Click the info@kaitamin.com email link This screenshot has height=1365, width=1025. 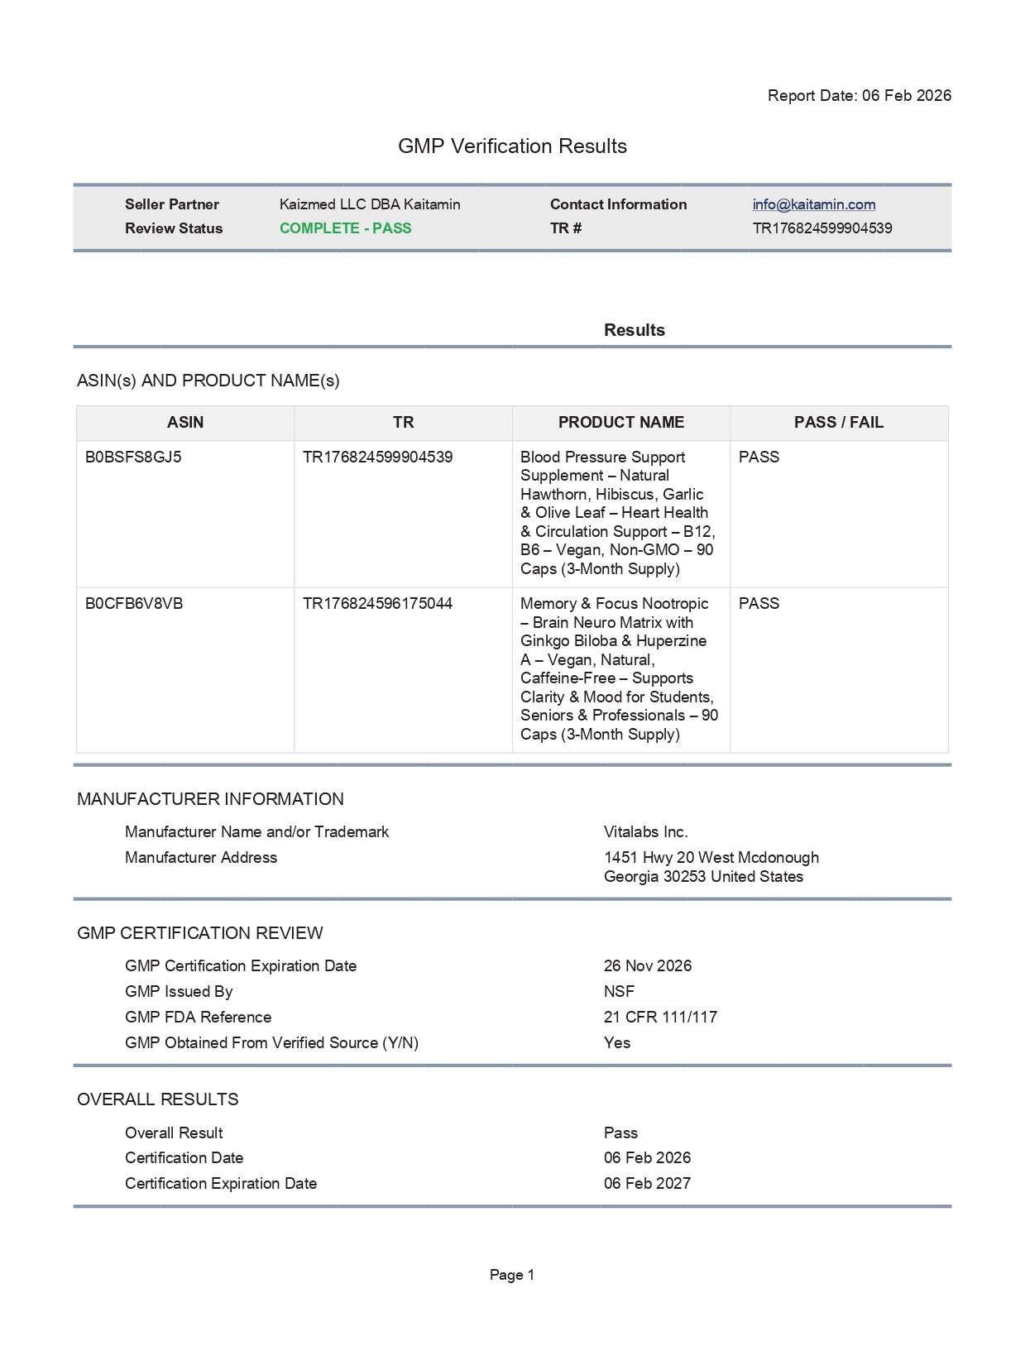point(813,204)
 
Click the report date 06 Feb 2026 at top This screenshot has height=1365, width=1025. point(906,95)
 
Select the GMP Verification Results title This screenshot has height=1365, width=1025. point(512,146)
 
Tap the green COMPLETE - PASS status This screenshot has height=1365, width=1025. point(345,228)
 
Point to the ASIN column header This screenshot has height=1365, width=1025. point(185,423)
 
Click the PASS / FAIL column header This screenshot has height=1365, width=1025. point(838,423)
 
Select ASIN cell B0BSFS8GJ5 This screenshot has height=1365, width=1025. point(133,457)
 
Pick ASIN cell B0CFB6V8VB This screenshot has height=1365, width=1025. point(134,604)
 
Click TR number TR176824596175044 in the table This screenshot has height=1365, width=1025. point(377,604)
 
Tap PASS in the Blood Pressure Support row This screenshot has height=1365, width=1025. point(759,457)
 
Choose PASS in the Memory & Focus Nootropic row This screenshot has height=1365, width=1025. point(759,604)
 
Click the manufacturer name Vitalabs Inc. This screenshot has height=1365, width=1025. point(645,832)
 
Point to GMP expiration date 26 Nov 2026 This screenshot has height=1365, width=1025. point(647,966)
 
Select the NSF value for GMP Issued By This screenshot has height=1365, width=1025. point(619,992)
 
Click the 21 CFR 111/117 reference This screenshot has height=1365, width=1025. point(660,1018)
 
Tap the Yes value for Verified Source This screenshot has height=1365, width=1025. point(616,1043)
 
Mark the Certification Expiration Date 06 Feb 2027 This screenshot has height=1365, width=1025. point(647,1184)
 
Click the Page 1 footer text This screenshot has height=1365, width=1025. point(512,1275)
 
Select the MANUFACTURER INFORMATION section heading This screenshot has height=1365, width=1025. point(210,799)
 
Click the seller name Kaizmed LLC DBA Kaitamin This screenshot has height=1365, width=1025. point(370,204)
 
